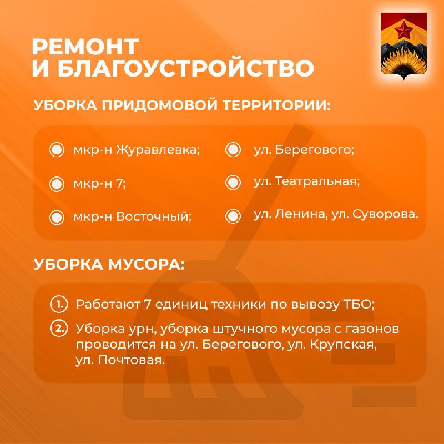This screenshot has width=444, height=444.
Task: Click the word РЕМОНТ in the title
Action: tap(85, 47)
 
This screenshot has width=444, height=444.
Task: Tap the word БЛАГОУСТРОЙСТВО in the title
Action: tap(186, 68)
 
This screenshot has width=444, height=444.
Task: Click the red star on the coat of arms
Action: tap(403, 31)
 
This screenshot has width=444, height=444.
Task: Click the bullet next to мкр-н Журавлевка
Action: tap(57, 149)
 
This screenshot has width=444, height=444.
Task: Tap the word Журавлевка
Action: tap(158, 150)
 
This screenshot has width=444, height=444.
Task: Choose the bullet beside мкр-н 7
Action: tap(57, 184)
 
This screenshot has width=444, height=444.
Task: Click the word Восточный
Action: tap(154, 217)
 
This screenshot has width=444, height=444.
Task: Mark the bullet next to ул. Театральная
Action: tap(233, 182)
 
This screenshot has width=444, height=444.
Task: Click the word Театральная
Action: tap(317, 181)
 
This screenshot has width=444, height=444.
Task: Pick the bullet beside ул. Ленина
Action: tap(233, 216)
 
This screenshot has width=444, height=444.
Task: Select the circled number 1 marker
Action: tap(59, 305)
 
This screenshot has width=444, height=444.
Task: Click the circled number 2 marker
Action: tap(59, 329)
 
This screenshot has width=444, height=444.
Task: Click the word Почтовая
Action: tap(132, 360)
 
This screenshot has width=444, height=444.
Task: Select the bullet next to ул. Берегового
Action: tap(233, 149)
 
